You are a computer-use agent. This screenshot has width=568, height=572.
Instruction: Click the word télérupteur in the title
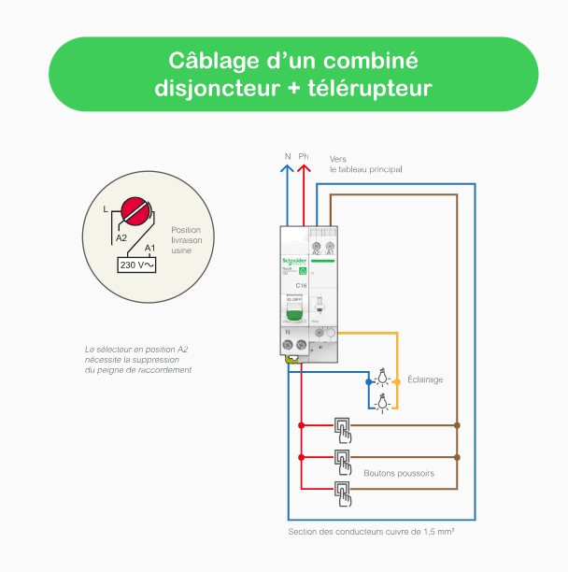[x=364, y=89]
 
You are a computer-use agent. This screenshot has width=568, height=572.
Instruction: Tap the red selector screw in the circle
[x=136, y=210]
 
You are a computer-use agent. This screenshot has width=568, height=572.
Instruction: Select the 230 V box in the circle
[x=136, y=265]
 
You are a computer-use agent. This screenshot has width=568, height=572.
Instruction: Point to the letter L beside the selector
[x=106, y=207]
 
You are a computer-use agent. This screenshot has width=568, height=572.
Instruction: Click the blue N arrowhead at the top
[x=288, y=169]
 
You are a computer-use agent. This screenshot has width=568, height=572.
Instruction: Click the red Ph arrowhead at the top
[x=304, y=169]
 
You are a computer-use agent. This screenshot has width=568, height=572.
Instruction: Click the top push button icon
[x=343, y=429]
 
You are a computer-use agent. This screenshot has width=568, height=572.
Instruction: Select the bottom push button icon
[x=343, y=493]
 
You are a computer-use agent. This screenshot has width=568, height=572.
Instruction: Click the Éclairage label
[x=425, y=379]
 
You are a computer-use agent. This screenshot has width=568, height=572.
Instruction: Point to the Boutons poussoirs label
[x=399, y=473]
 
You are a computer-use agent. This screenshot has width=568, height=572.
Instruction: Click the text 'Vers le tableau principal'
[x=364, y=164]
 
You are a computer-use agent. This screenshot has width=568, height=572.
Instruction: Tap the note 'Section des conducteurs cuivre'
[x=371, y=532]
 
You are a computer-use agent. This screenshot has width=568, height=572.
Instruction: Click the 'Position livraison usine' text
[x=186, y=239]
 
